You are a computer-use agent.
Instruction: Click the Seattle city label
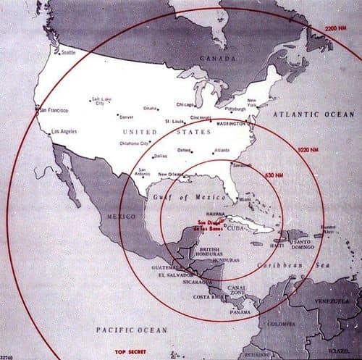[x=69, y=52]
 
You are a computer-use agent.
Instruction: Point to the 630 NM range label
[x=274, y=175]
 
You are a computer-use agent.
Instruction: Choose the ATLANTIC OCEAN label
[x=313, y=114]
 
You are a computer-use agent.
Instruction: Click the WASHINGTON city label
[x=232, y=124]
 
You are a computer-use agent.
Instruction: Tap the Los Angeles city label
[x=65, y=132]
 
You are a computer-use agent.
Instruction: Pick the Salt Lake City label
[x=102, y=101]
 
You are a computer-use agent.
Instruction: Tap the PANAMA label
[x=240, y=311]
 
